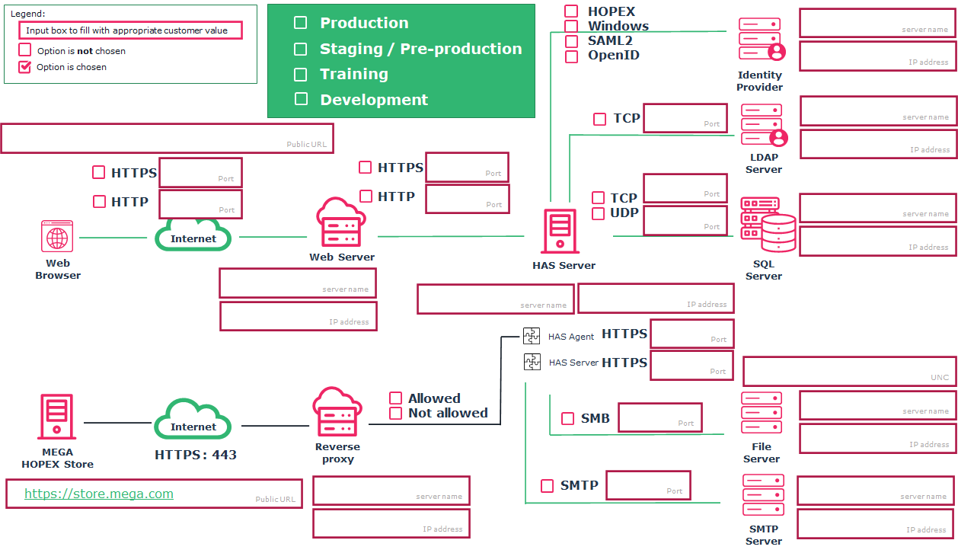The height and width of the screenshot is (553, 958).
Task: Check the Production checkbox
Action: pyautogui.click(x=301, y=23)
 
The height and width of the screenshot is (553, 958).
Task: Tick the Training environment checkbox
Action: pyautogui.click(x=301, y=75)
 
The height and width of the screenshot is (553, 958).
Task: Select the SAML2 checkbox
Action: pyautogui.click(x=571, y=41)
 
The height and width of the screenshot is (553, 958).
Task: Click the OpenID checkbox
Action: pyautogui.click(x=571, y=56)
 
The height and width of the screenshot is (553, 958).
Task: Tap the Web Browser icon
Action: pyautogui.click(x=57, y=236)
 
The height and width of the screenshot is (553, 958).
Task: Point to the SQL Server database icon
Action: pyautogui.click(x=768, y=225)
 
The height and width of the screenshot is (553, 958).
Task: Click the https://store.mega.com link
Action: pyautogui.click(x=99, y=494)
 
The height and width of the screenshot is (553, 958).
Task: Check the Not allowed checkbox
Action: pyautogui.click(x=395, y=413)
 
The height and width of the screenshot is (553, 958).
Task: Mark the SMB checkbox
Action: pyautogui.click(x=567, y=418)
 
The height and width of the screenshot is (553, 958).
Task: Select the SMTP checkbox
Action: pyautogui.click(x=547, y=486)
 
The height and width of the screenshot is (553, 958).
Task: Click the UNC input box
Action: pyautogui.click(x=849, y=371)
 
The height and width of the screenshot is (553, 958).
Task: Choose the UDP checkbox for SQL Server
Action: pyautogui.click(x=598, y=213)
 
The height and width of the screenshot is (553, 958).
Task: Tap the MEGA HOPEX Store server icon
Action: pyautogui.click(x=57, y=416)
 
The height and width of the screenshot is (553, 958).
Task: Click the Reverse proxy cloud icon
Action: pyautogui.click(x=337, y=412)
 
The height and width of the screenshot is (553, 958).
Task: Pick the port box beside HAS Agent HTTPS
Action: pyautogui.click(x=691, y=334)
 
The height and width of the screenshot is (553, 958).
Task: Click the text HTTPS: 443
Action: pyautogui.click(x=195, y=455)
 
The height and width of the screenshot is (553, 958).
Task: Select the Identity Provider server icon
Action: pyautogui.click(x=761, y=40)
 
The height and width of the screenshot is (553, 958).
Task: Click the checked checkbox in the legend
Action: pyautogui.click(x=25, y=67)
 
